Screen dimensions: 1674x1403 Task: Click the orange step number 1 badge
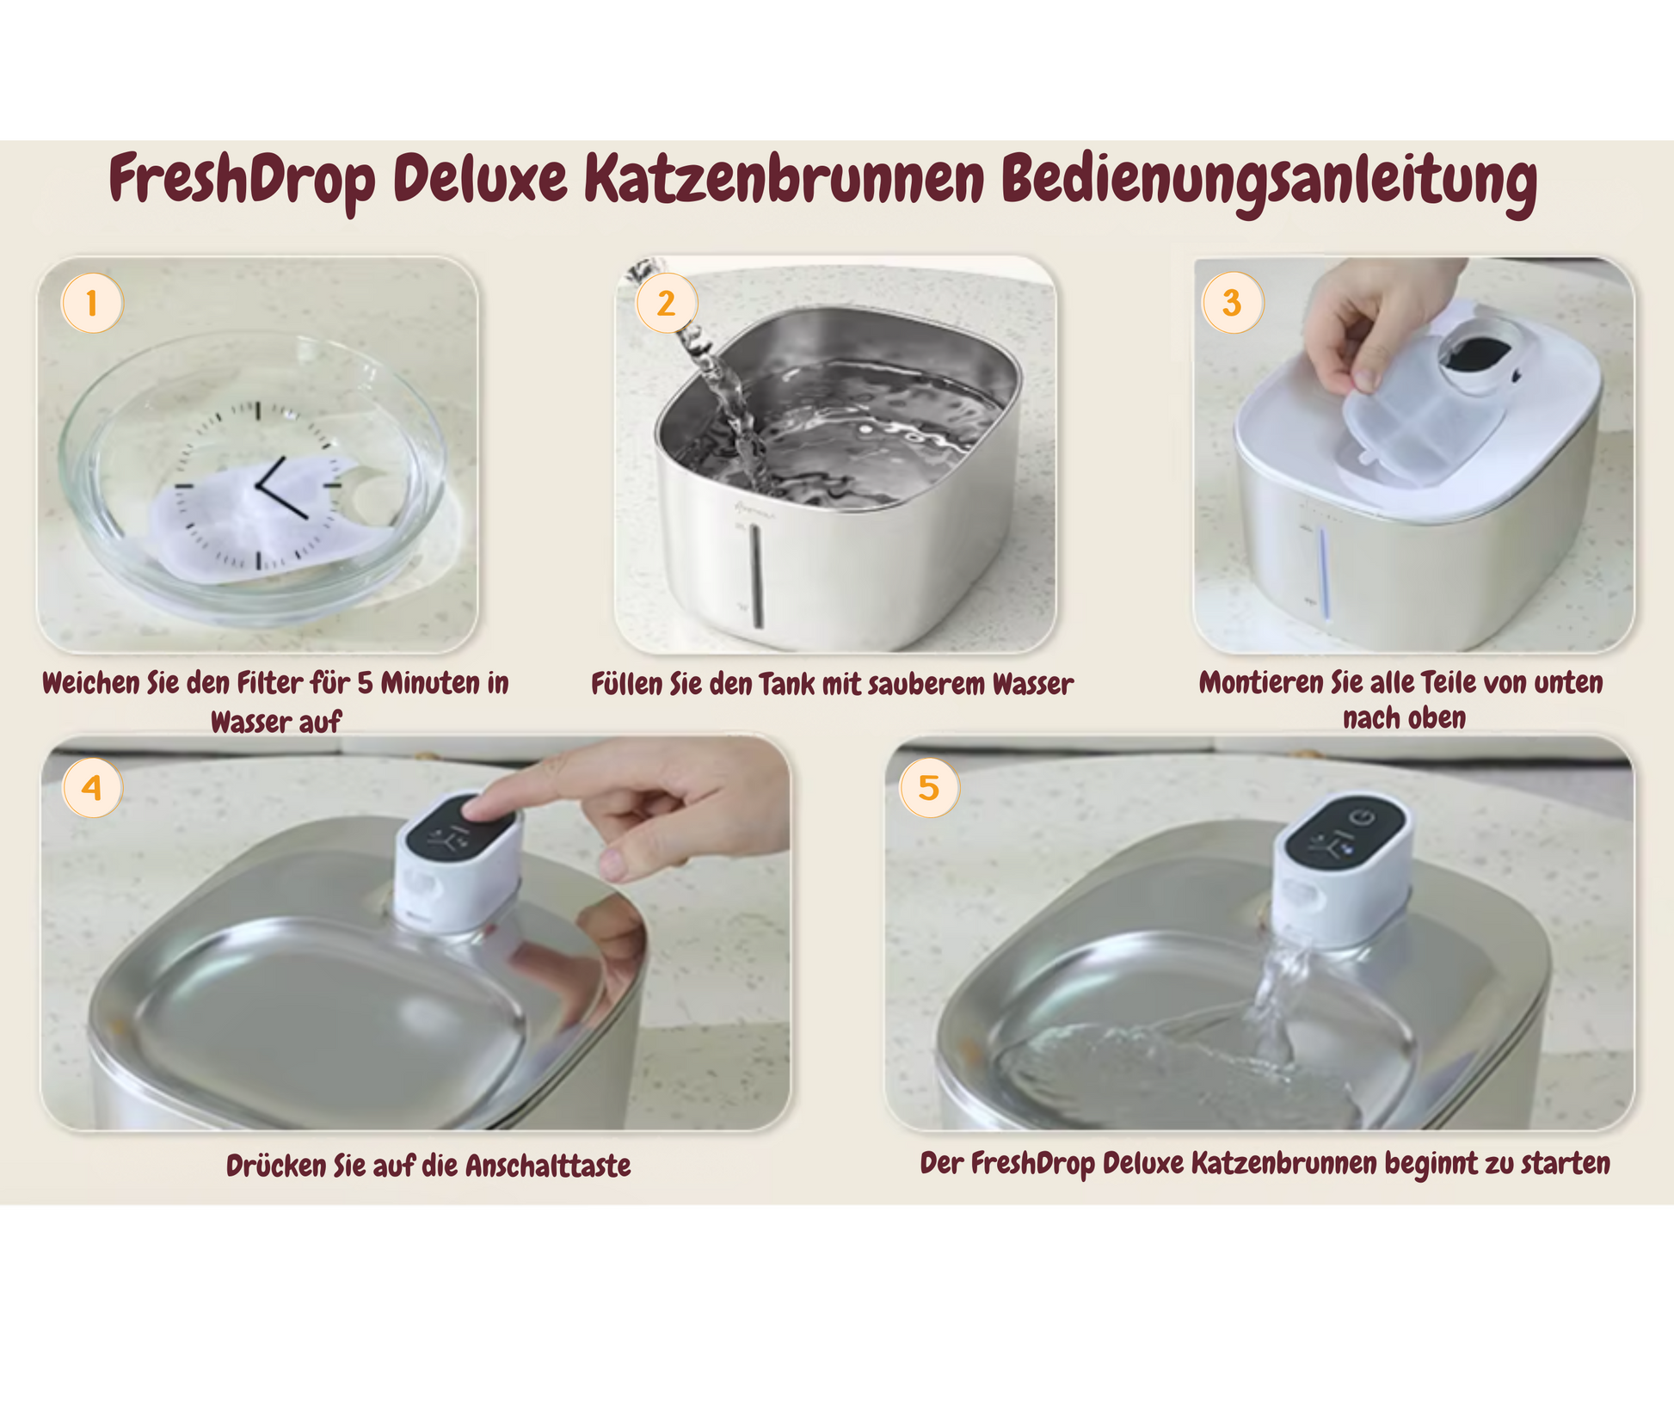pyautogui.click(x=92, y=303)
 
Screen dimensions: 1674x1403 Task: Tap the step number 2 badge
pyautogui.click(x=666, y=303)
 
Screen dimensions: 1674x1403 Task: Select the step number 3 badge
pyautogui.click(x=1232, y=303)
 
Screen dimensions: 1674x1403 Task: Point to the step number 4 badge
pyautogui.click(x=92, y=787)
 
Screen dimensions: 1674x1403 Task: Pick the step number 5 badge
pyautogui.click(x=929, y=787)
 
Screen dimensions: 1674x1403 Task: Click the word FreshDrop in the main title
pyautogui.click(x=243, y=180)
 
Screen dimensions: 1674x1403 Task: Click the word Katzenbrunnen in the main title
pyautogui.click(x=784, y=179)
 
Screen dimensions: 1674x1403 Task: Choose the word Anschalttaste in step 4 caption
pyautogui.click(x=548, y=1166)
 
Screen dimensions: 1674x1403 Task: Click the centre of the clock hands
pyautogui.click(x=257, y=486)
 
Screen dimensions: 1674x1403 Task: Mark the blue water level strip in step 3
pyautogui.click(x=1324, y=572)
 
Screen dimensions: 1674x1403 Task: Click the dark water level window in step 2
pyautogui.click(x=756, y=575)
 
